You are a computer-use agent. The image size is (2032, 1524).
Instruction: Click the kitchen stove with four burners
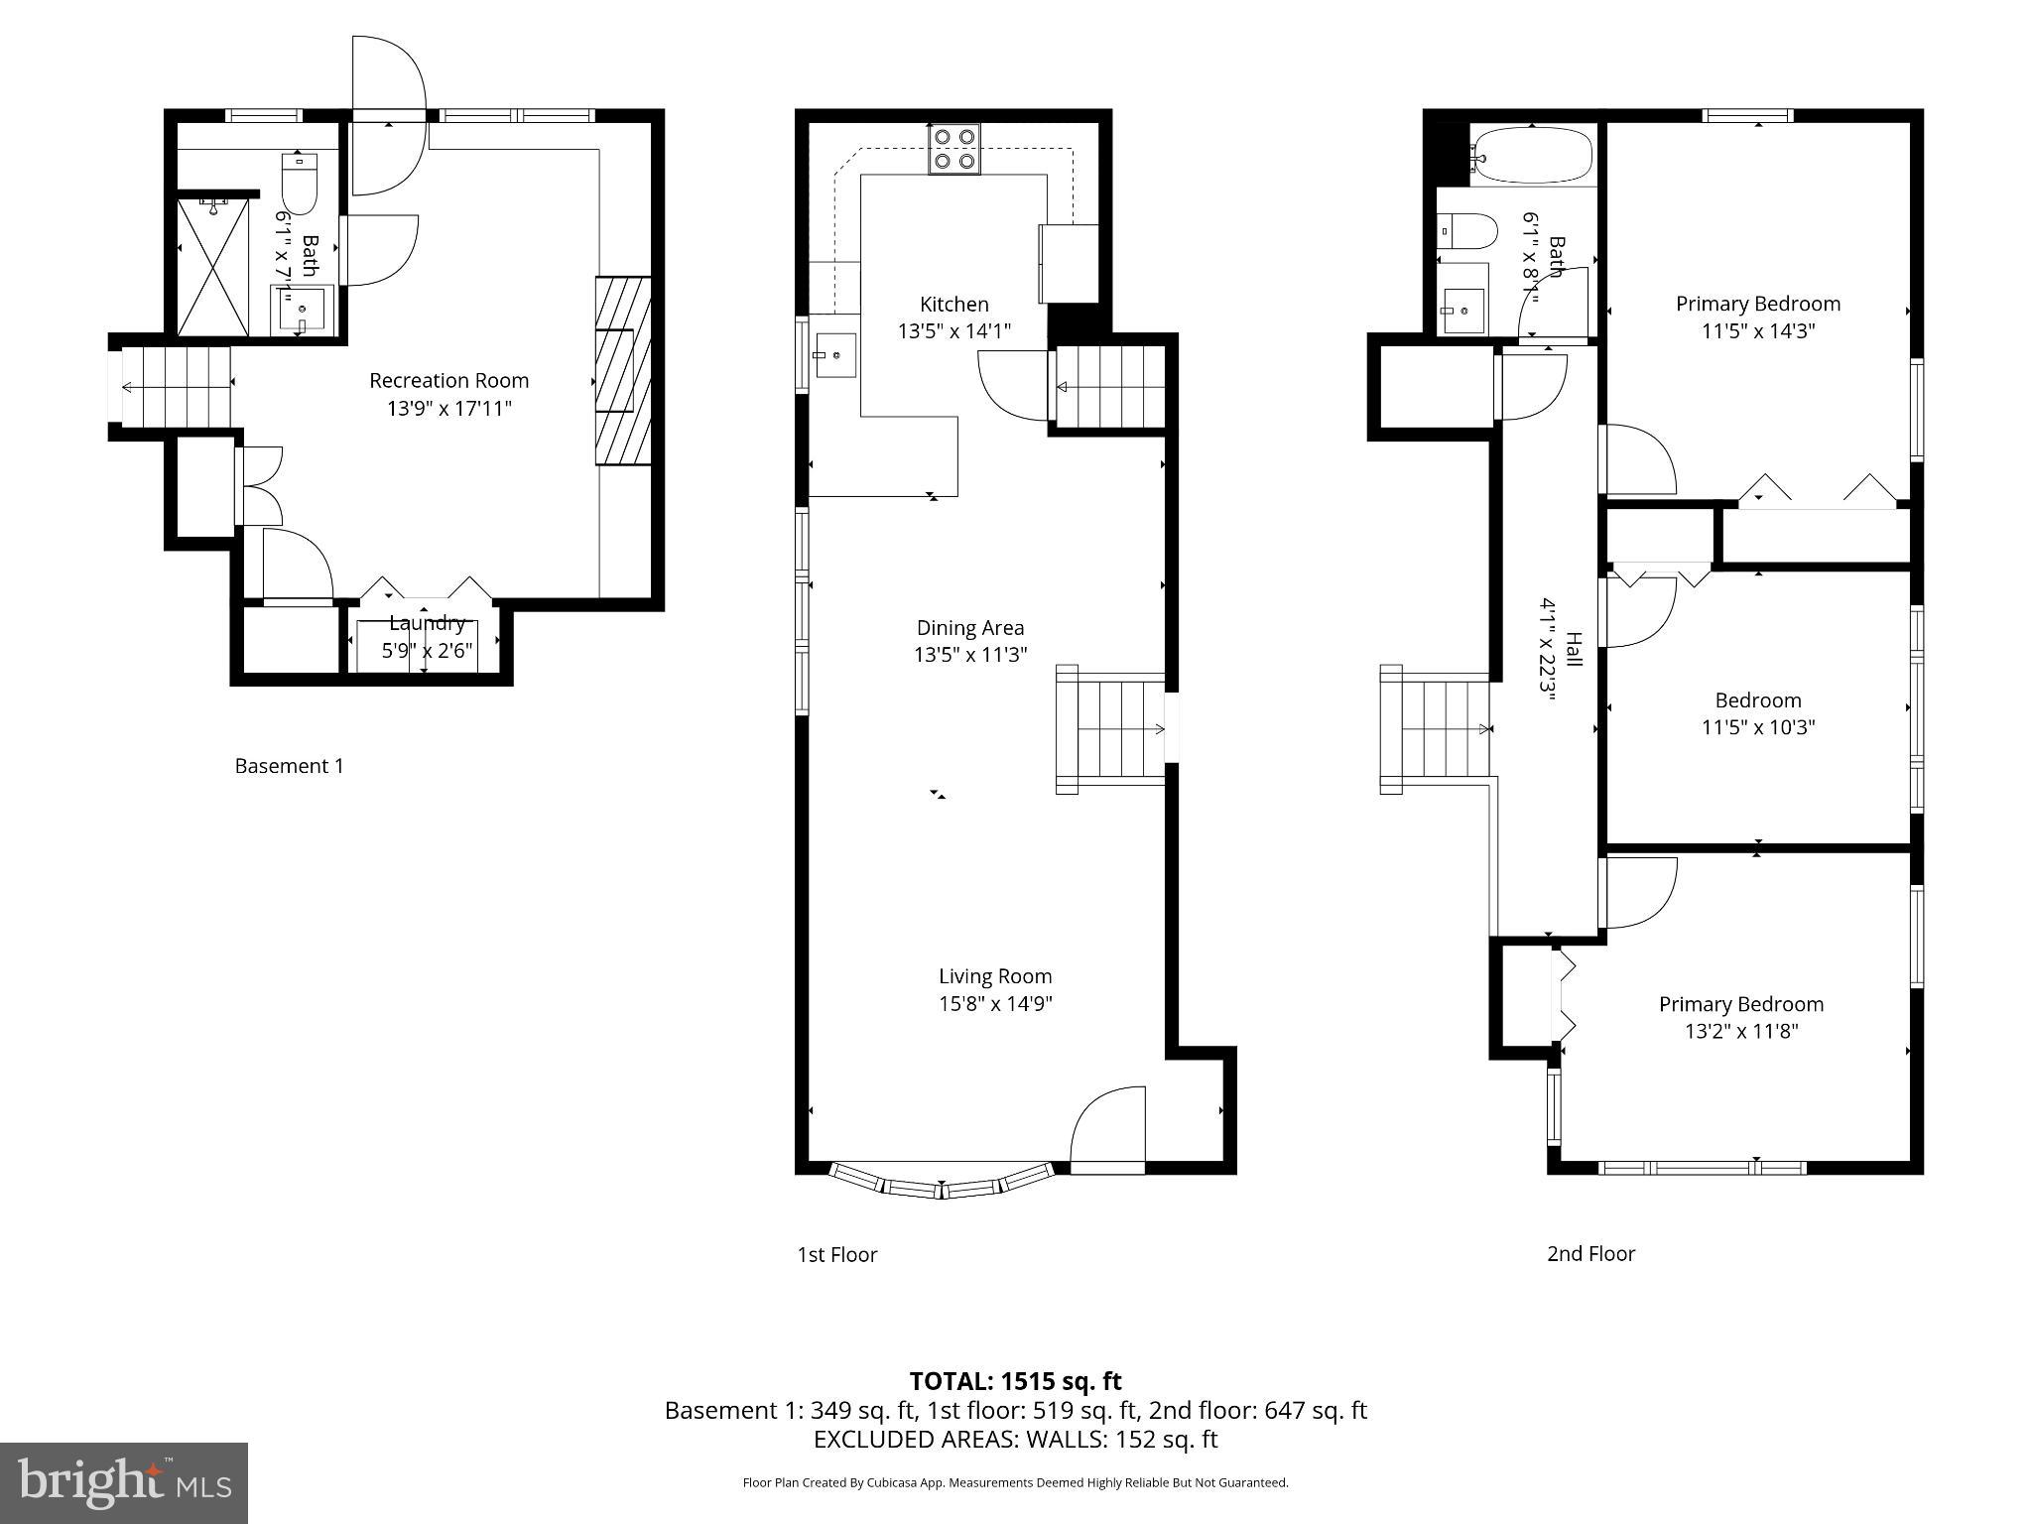tap(954, 149)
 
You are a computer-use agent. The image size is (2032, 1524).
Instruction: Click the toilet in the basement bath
tap(299, 183)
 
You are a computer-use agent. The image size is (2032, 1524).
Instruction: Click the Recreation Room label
tap(448, 380)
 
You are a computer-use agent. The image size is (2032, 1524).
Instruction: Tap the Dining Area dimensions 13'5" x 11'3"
tap(969, 655)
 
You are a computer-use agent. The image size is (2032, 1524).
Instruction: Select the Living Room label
tap(995, 976)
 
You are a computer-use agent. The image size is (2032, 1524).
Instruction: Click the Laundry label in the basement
tap(427, 623)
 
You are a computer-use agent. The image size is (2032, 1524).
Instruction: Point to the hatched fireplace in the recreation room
tap(622, 371)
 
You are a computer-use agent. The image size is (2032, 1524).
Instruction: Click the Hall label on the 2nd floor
tap(1574, 650)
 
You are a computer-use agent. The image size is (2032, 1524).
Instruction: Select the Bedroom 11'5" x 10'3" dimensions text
tap(1757, 727)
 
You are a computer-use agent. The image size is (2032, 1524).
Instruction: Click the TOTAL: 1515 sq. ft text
tap(1015, 1381)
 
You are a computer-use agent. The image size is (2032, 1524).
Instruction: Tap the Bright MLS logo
tap(124, 1482)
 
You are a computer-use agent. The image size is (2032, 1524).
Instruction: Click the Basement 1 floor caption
tap(289, 766)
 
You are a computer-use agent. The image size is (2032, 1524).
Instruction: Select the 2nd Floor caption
tap(1590, 1253)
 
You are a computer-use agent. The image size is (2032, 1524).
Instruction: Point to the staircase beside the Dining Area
tap(1111, 729)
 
